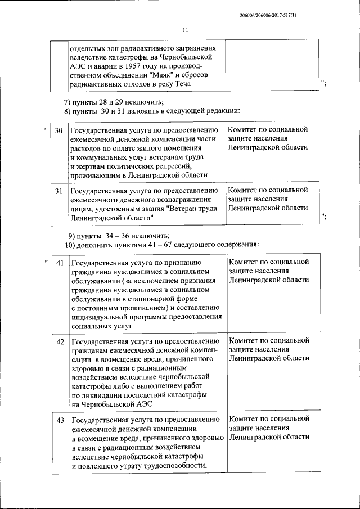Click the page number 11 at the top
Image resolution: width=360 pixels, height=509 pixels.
tap(185, 30)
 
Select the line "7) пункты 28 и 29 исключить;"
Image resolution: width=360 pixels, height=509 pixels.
tap(113, 102)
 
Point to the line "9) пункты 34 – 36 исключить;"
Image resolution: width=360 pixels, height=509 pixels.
tap(119, 235)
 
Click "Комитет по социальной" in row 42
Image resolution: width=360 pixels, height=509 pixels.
tap(269, 341)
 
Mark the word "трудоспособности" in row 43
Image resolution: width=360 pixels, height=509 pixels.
tap(174, 465)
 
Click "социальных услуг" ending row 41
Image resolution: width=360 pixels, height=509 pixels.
tap(101, 326)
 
